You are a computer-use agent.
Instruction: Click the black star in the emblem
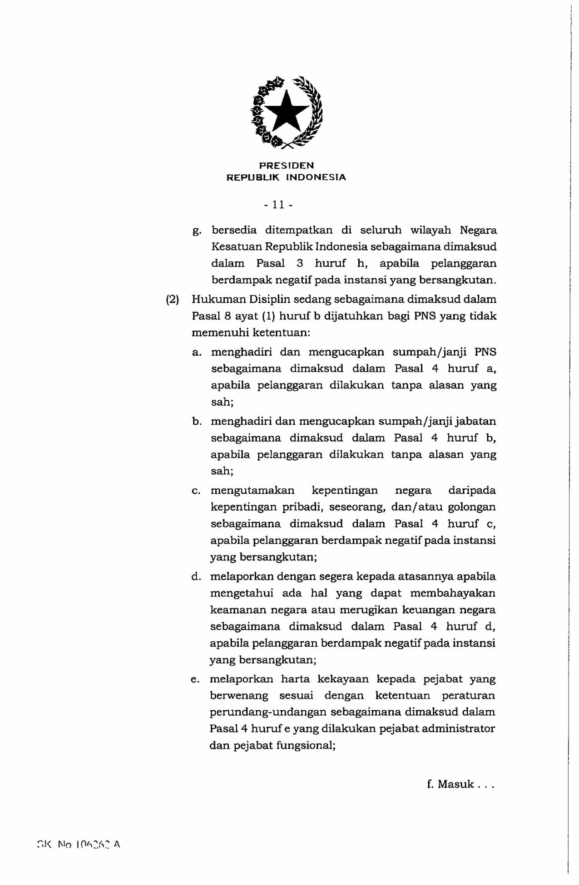pos(286,111)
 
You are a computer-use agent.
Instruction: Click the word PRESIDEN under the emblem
pos(286,165)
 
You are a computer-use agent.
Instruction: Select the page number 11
pos(278,205)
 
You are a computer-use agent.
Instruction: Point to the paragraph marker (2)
pos(172,300)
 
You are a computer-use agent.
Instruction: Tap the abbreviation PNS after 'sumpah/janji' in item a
pos(485,352)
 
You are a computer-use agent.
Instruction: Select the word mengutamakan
pos(252,491)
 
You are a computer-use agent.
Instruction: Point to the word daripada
pos(472,491)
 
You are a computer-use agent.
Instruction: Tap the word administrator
pos(458,728)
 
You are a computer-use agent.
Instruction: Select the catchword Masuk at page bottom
pos(455,784)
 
